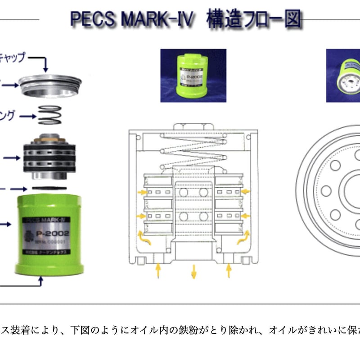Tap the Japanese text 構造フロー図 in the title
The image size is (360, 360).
tap(254, 20)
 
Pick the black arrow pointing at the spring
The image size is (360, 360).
tap(27, 117)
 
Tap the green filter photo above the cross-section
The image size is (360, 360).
tap(193, 76)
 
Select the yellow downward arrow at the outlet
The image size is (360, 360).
tap(193, 271)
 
